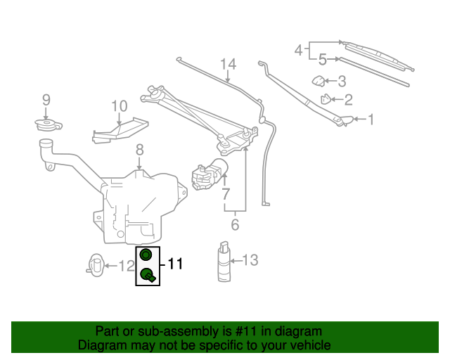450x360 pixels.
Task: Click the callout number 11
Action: (x=174, y=265)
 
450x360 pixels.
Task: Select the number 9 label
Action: (x=46, y=100)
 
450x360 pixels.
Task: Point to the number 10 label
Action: (x=119, y=107)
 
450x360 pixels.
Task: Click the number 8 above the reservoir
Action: (x=139, y=150)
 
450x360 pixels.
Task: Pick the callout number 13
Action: (x=251, y=261)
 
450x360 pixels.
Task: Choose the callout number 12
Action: (x=126, y=266)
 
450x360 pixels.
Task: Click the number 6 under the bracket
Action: (x=235, y=225)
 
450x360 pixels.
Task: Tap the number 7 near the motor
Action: (x=226, y=193)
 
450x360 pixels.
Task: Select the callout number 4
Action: (x=299, y=51)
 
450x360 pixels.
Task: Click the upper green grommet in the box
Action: (x=146, y=255)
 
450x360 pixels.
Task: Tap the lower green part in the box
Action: (x=148, y=275)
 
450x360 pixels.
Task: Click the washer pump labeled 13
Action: (x=224, y=263)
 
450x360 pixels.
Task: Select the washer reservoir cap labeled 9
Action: (x=48, y=126)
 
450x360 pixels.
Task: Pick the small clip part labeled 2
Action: (x=326, y=100)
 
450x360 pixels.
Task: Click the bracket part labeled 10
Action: (x=120, y=131)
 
